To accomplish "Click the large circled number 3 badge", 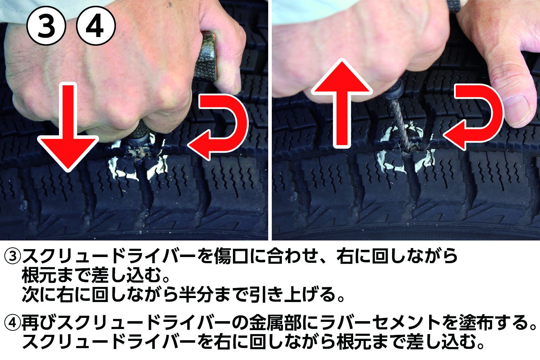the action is (46, 25).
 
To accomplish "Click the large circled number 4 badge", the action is (96, 25).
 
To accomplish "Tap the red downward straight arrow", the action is (68, 127).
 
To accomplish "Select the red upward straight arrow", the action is (342, 103).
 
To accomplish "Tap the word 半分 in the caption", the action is (197, 294).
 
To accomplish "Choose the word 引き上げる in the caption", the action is (293, 294).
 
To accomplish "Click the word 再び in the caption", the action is (39, 323).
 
